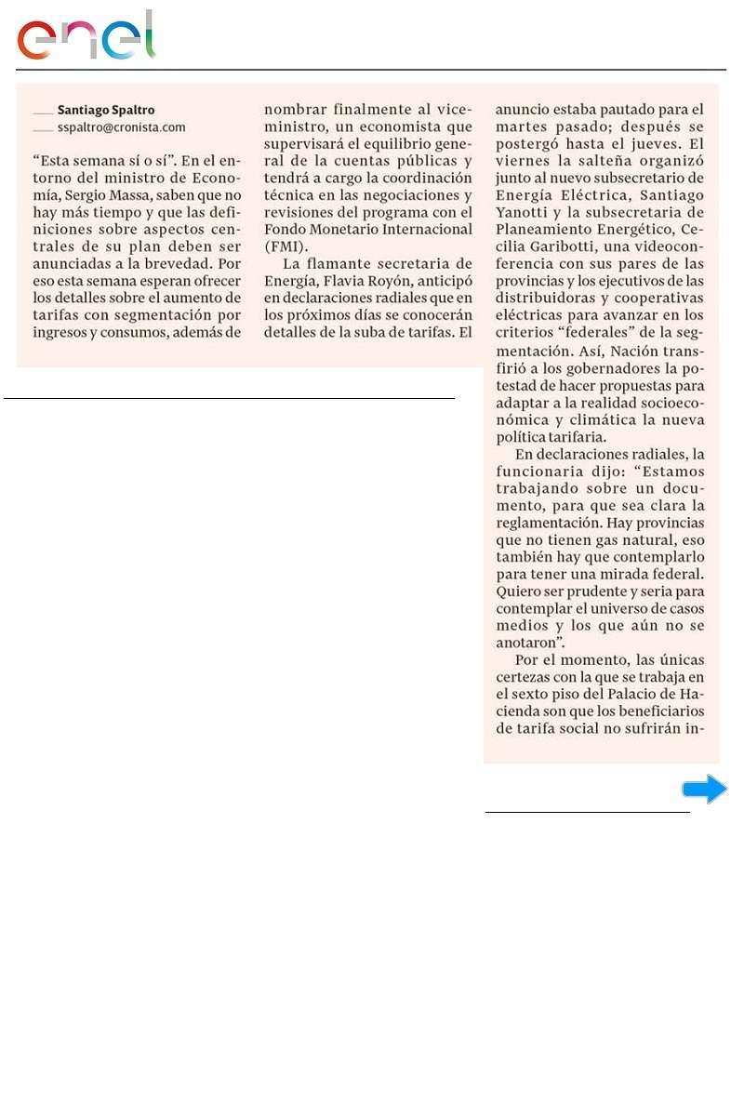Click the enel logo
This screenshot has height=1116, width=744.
pos(86,37)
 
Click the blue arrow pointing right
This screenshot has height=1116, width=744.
pos(704,790)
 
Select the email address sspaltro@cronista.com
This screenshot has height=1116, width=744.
pos(122,126)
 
